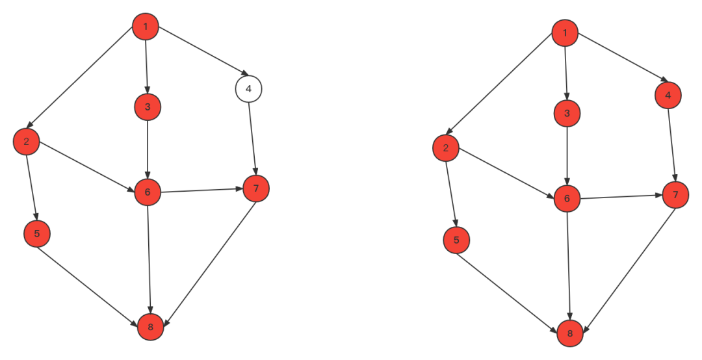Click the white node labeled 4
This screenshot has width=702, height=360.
248,89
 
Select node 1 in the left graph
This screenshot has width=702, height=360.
146,27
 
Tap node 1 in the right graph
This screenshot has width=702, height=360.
565,33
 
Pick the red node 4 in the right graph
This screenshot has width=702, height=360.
668,96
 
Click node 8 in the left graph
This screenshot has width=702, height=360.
150,327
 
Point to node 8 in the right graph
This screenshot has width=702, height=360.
570,334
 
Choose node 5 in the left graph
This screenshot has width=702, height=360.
37,234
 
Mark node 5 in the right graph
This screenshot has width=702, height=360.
456,240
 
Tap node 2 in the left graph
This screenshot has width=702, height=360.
27,142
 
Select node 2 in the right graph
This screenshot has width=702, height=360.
446,148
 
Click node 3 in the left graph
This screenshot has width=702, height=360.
148,107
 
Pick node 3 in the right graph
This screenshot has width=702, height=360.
567,113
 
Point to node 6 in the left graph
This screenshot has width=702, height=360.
148,192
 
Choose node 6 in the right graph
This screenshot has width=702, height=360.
567,198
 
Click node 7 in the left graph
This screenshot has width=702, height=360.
256,188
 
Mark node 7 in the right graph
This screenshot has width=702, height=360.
675,195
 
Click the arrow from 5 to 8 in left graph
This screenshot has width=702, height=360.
93,280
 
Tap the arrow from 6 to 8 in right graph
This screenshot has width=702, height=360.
569,266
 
